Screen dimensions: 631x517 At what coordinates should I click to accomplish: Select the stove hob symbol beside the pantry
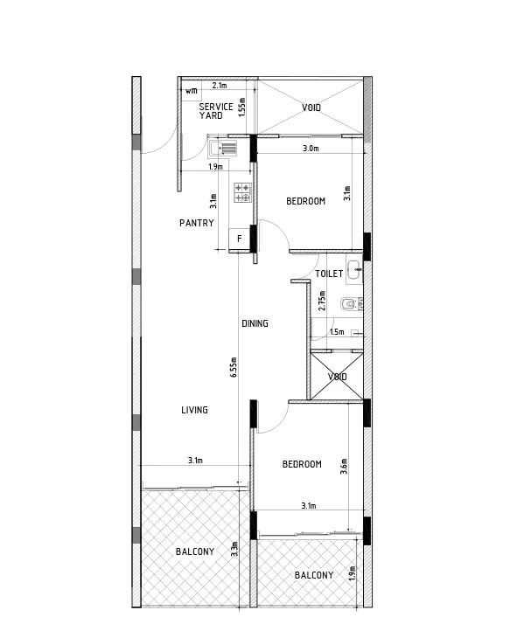242,193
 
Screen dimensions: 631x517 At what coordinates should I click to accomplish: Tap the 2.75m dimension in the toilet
322,301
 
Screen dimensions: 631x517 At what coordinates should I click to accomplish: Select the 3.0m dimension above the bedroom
310,149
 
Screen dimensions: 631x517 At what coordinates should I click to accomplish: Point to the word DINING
255,323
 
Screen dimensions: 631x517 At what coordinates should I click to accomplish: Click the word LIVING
194,410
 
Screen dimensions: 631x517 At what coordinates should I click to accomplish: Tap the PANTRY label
197,223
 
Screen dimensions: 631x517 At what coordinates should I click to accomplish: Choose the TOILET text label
329,274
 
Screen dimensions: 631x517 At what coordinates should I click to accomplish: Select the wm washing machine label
191,91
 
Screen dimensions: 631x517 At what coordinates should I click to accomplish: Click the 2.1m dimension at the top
220,86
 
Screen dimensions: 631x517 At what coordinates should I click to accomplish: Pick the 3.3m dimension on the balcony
234,550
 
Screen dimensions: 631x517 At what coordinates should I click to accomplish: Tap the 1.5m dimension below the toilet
337,332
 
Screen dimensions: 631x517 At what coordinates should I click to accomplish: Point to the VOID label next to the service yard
311,108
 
